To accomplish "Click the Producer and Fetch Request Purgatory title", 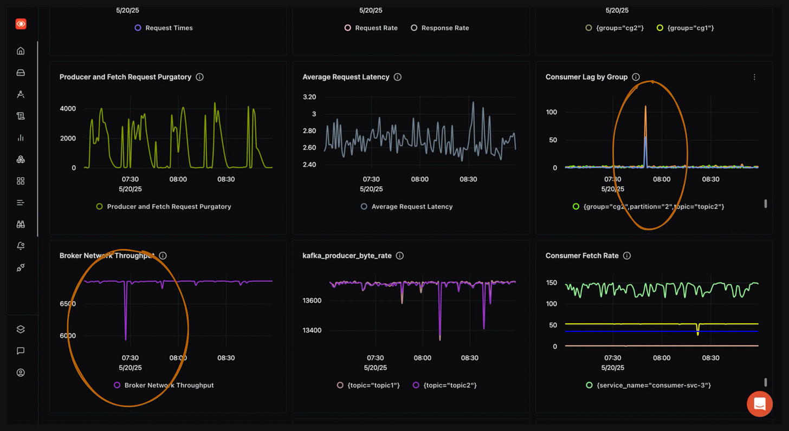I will click(125, 77).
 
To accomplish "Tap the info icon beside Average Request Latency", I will click(398, 77).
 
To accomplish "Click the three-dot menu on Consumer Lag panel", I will click(754, 77).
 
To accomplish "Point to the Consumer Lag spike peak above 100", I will click(645, 107).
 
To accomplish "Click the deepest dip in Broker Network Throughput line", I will click(126, 339).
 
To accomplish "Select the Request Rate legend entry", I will click(376, 28).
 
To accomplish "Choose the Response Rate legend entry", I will click(444, 28).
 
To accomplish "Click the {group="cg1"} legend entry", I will click(692, 28).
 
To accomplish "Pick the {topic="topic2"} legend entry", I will click(449, 385).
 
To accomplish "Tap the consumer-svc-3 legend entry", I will click(653, 385).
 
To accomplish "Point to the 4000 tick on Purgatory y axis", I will click(68, 108).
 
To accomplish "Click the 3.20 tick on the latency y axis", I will click(309, 97).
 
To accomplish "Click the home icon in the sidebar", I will click(21, 51).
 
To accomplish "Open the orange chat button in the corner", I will click(759, 404).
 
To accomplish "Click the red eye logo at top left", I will click(21, 24).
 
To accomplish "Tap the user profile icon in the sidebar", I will click(21, 373).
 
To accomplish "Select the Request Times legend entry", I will click(169, 28).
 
